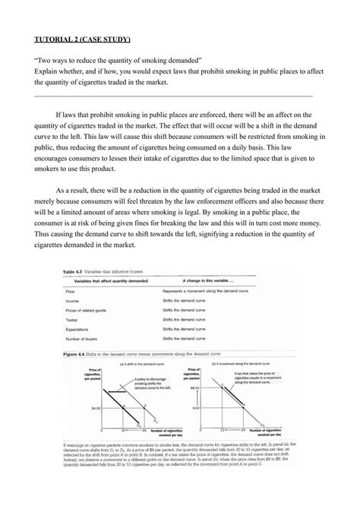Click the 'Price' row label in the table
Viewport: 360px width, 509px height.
pos(70,291)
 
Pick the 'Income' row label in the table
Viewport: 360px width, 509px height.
pos(72,301)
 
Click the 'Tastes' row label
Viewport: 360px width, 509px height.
pos(71,321)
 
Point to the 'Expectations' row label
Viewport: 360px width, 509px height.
pos(77,330)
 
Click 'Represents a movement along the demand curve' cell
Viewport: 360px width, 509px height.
pos(207,291)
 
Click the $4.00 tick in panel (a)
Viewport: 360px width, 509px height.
pos(94,408)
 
